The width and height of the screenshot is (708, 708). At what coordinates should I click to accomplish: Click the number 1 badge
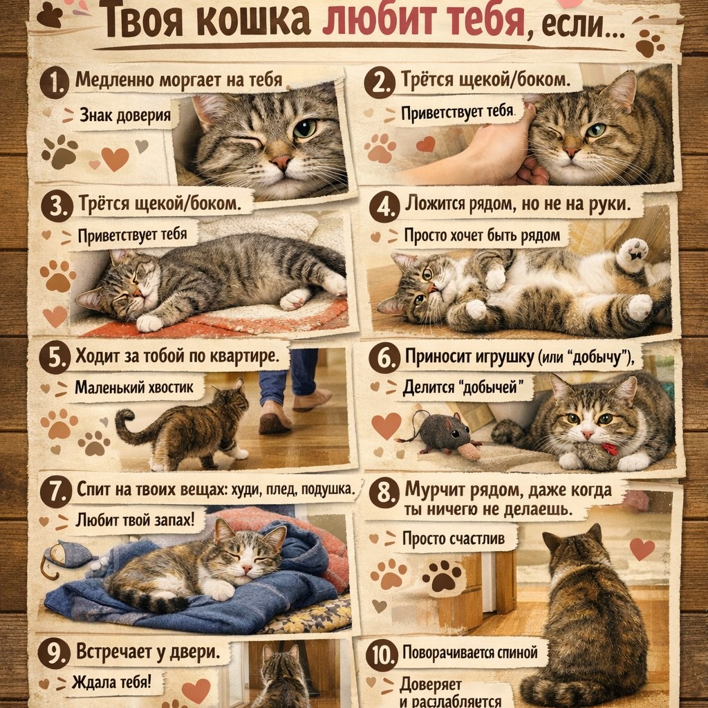click(54, 83)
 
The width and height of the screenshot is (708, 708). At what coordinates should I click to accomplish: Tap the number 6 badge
click(383, 358)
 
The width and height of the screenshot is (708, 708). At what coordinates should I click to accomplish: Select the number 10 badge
click(382, 655)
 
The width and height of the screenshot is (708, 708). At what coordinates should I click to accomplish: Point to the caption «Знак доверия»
click(125, 115)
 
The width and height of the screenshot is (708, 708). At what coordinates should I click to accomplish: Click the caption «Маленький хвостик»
click(133, 387)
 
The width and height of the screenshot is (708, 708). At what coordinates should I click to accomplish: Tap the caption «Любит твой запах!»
click(135, 520)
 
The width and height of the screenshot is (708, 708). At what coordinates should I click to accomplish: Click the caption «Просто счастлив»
click(454, 538)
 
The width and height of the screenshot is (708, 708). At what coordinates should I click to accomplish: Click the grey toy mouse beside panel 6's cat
click(442, 433)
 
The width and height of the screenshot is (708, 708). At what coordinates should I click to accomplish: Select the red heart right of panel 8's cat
click(642, 548)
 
